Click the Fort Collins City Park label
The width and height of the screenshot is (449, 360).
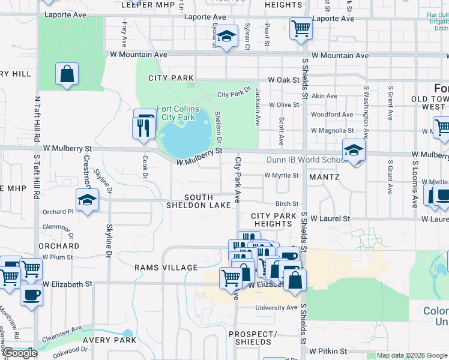[x=176, y=113]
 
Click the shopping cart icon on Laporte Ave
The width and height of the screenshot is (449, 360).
[x=300, y=27]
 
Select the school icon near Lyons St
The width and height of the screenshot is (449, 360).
[x=227, y=37]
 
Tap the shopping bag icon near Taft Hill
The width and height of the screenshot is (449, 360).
[x=67, y=74]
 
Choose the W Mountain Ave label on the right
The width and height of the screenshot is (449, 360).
[x=340, y=56]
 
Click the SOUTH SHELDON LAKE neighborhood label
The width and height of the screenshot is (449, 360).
[x=207, y=201]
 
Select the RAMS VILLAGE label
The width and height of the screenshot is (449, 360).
[x=166, y=268]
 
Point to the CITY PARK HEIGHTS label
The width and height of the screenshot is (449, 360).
[x=273, y=220]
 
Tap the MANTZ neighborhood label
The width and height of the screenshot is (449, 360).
[x=324, y=178]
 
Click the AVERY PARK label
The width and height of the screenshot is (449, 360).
[x=110, y=340]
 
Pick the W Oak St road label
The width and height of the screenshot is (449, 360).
[x=283, y=80]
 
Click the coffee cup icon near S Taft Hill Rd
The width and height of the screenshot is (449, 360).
[x=31, y=295]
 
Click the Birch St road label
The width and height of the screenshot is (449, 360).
[x=287, y=204]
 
